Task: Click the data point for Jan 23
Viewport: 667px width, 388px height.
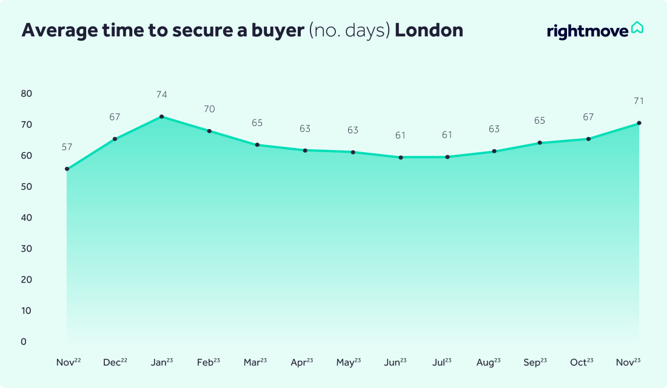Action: tap(161, 116)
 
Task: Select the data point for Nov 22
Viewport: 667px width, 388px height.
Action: tap(67, 169)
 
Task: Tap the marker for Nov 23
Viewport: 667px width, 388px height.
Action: tap(639, 123)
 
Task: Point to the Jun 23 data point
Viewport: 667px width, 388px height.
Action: tap(401, 158)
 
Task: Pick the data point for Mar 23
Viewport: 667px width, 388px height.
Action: tap(257, 145)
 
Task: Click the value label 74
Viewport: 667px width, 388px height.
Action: tap(161, 95)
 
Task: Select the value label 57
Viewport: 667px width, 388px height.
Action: tap(67, 147)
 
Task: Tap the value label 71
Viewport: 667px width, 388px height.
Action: tap(639, 101)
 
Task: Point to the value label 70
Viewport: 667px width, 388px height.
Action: tap(209, 109)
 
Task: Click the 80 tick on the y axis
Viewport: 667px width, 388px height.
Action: tap(27, 94)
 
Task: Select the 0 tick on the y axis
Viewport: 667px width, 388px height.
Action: tap(24, 342)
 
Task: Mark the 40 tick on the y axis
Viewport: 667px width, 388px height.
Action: tap(27, 218)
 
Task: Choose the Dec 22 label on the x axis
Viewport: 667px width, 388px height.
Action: tap(115, 363)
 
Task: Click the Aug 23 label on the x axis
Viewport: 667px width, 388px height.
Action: tap(488, 363)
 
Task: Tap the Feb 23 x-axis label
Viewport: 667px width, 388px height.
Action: tap(209, 363)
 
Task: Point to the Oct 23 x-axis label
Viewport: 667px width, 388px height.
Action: tap(582, 363)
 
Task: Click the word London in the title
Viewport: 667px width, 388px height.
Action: tap(429, 30)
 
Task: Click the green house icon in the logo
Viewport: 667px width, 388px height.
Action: tap(637, 28)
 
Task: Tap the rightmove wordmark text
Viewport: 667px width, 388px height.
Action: tap(587, 31)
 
